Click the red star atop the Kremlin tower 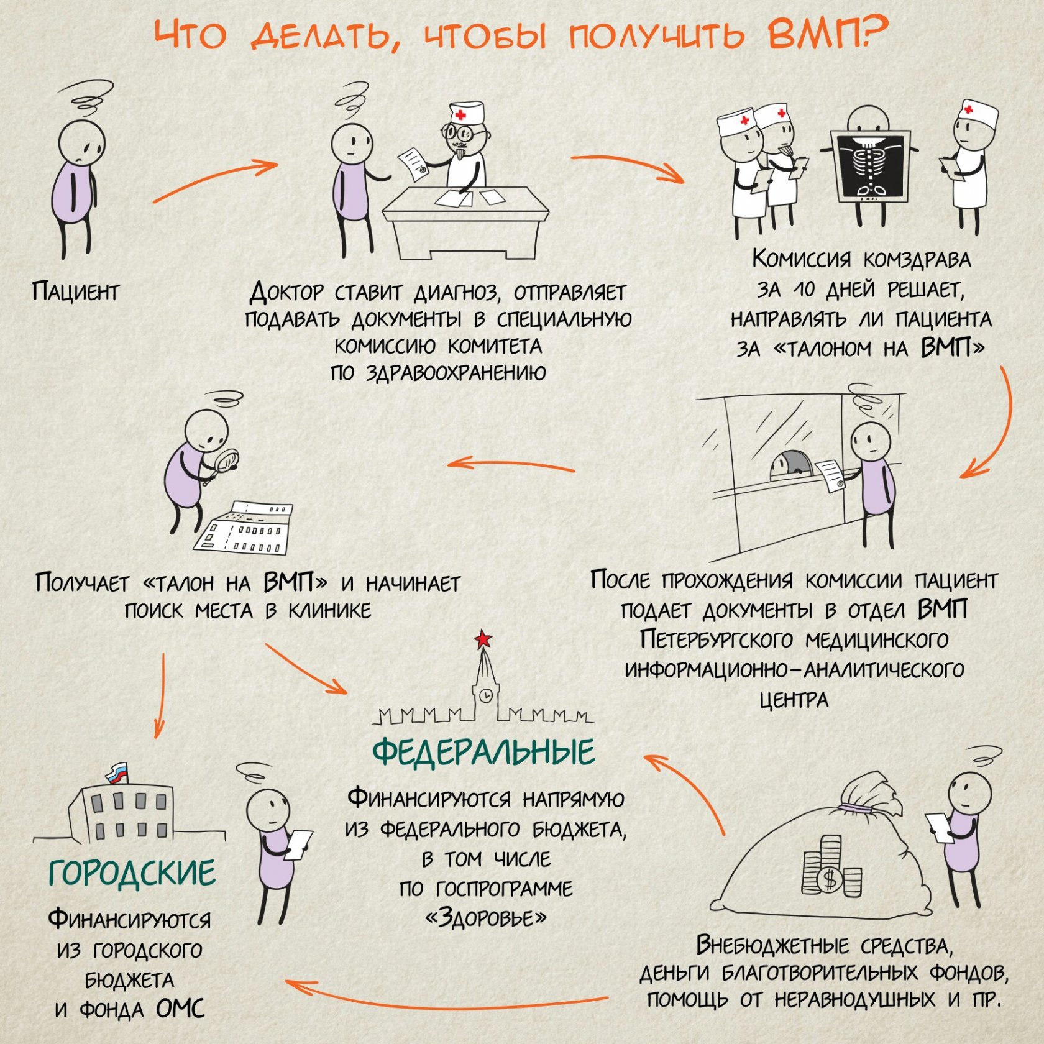[x=483, y=638]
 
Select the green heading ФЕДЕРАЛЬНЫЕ [x=483, y=752]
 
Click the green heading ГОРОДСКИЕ [x=132, y=872]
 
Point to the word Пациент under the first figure [x=75, y=291]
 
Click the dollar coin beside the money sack [x=828, y=879]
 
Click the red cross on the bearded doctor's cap [x=460, y=115]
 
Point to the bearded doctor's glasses [x=459, y=132]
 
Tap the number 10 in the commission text [x=804, y=290]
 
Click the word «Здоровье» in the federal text [x=485, y=917]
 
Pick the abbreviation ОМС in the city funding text [x=180, y=1009]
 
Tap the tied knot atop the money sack [x=856, y=807]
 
